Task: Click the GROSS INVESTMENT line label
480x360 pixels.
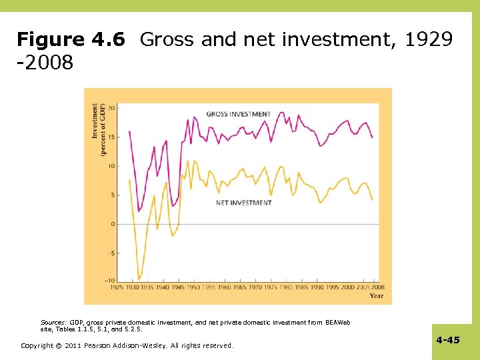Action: [238, 114]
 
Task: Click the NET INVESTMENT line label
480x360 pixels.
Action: [244, 202]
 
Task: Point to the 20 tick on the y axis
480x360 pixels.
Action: [111, 108]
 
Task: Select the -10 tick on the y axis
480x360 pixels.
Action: [110, 281]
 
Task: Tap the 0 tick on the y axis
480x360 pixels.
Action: [113, 224]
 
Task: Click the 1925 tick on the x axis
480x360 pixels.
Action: [116, 287]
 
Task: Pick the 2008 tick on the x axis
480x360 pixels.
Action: [378, 287]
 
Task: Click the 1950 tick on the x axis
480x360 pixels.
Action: [193, 287]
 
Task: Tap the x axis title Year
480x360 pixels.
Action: [377, 295]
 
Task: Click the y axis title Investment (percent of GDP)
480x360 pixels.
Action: [99, 129]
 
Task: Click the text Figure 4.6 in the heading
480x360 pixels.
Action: [71, 40]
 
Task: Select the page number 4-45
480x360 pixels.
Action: [448, 340]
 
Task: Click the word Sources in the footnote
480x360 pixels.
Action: [53, 322]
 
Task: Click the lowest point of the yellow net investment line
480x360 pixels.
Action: [139, 279]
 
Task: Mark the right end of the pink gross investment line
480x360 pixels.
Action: [372, 137]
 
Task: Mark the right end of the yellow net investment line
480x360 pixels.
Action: [372, 199]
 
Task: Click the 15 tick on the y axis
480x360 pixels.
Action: [111, 137]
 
